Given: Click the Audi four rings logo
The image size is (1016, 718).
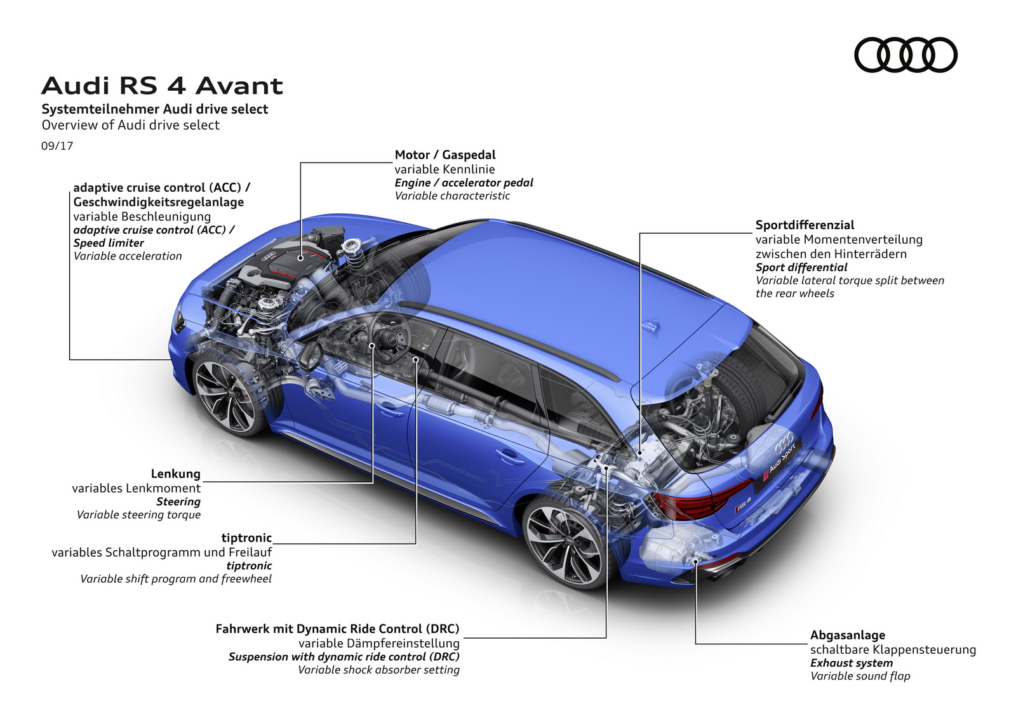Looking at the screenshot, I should point(906,55).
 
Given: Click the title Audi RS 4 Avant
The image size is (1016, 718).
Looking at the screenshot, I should point(162,86).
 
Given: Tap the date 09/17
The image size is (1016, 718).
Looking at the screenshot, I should point(57,146).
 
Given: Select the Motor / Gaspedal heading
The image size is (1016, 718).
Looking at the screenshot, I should point(444,155).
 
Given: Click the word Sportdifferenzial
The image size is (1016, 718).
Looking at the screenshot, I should point(805,225).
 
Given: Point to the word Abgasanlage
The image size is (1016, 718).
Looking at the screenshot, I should point(847,635).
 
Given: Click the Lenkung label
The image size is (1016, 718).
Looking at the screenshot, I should point(175,474).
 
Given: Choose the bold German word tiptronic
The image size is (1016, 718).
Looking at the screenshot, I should point(246,538).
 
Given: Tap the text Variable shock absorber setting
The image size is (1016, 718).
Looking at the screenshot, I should point(378,670).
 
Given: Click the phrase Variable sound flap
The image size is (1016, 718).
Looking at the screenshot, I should point(860,676).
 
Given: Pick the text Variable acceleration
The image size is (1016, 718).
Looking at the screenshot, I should point(128,256).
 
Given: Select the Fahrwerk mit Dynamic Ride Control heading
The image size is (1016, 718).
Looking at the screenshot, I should point(337,628).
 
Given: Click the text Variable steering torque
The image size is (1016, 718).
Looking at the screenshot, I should point(138,515).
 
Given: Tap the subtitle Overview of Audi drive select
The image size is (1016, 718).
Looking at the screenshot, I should point(131,125).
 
